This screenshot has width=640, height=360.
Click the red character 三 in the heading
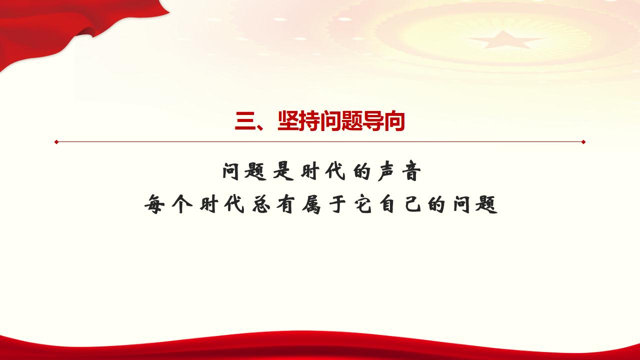point(244,121)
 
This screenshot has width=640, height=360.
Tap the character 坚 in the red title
point(288,121)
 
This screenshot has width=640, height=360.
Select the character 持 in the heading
point(309,121)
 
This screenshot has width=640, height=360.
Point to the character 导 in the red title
point(373,121)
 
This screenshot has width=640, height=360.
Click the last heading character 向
point(394,121)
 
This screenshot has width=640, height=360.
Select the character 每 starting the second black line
point(154,204)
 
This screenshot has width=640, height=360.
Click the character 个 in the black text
point(182,204)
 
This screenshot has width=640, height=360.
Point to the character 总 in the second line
point(261,204)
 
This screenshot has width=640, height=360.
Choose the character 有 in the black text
point(285,204)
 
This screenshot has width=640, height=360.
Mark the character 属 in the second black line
point(311,204)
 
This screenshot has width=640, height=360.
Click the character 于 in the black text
point(337,204)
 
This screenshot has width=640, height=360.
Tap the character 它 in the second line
point(363,204)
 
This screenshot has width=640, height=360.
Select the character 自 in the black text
point(387,204)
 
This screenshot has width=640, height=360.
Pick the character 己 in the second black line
point(413,204)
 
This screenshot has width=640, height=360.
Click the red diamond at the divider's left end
point(56,142)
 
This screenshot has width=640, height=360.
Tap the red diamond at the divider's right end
point(583,142)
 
